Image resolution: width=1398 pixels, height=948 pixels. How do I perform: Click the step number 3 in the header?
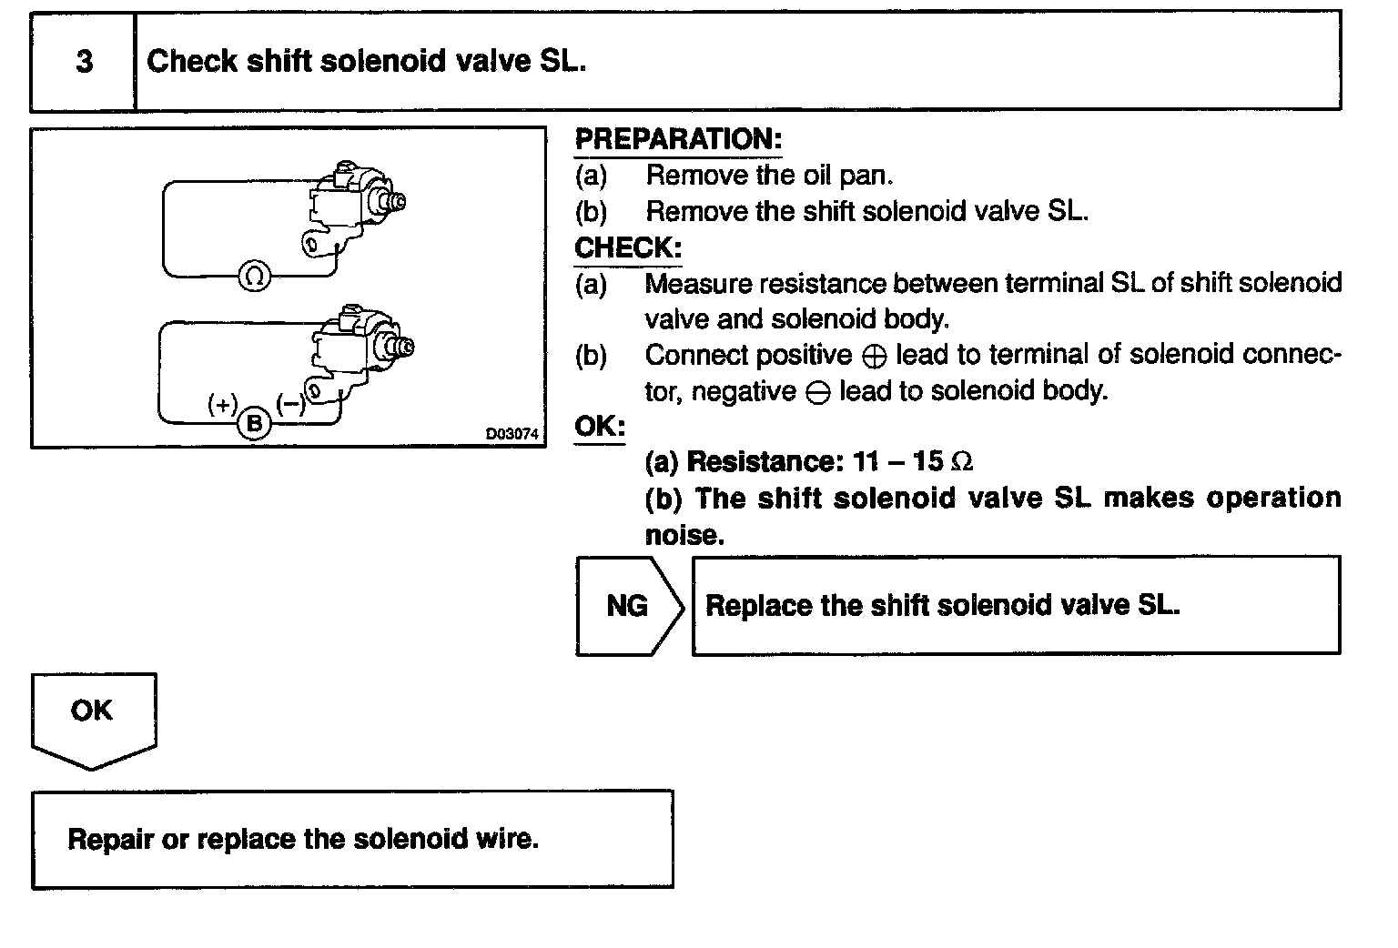pos(84,62)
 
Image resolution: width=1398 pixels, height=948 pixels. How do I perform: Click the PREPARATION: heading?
pos(678,139)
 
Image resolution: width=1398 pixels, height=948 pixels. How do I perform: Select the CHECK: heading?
pos(628,247)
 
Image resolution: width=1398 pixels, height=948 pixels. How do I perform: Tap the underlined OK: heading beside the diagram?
pos(600,426)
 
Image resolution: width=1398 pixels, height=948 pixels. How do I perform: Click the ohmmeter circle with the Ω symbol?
pos(255,276)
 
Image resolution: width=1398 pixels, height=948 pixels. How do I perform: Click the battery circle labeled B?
pos(255,423)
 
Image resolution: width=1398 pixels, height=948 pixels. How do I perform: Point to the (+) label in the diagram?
pos(223,403)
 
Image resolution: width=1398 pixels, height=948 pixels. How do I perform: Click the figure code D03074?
pos(513,434)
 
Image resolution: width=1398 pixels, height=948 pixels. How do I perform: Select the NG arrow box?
pos(629,606)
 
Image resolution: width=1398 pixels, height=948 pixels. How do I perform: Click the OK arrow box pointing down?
pos(93,718)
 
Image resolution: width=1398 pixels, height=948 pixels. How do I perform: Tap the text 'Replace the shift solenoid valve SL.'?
pos(942,606)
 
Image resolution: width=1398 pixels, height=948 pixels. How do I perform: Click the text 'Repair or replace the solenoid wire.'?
pos(303,838)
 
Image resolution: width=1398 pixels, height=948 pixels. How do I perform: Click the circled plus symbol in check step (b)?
pos(873,357)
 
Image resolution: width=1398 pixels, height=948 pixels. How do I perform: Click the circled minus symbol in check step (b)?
pos(817,393)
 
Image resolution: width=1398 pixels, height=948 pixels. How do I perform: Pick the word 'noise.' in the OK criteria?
pos(684,535)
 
